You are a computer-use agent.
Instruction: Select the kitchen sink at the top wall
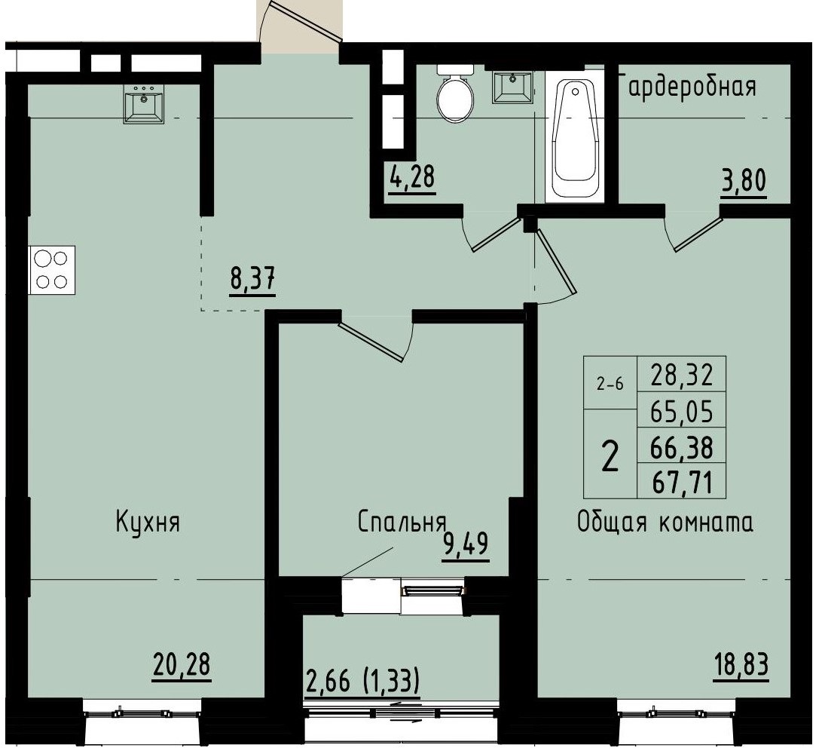coord(143,103)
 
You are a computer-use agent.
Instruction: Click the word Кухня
coord(148,522)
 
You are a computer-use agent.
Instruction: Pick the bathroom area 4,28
coord(412,179)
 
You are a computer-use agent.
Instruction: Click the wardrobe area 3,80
coord(743,182)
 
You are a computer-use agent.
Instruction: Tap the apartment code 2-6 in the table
coord(610,383)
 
